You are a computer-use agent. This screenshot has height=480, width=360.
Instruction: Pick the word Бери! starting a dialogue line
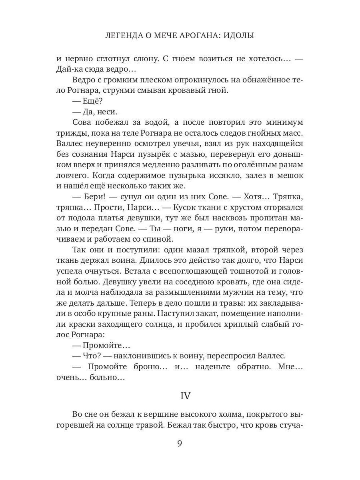91,196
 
